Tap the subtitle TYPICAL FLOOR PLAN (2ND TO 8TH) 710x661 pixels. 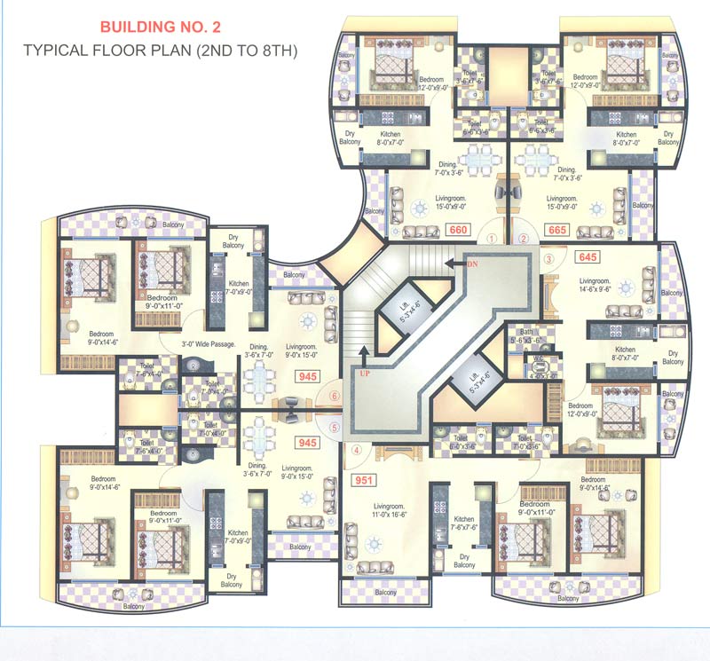pos(161,51)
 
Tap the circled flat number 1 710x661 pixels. pos(491,238)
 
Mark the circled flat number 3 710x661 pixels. pos(548,260)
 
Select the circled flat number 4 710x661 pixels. pos(357,450)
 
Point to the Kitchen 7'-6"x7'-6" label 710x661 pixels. pos(464,524)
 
